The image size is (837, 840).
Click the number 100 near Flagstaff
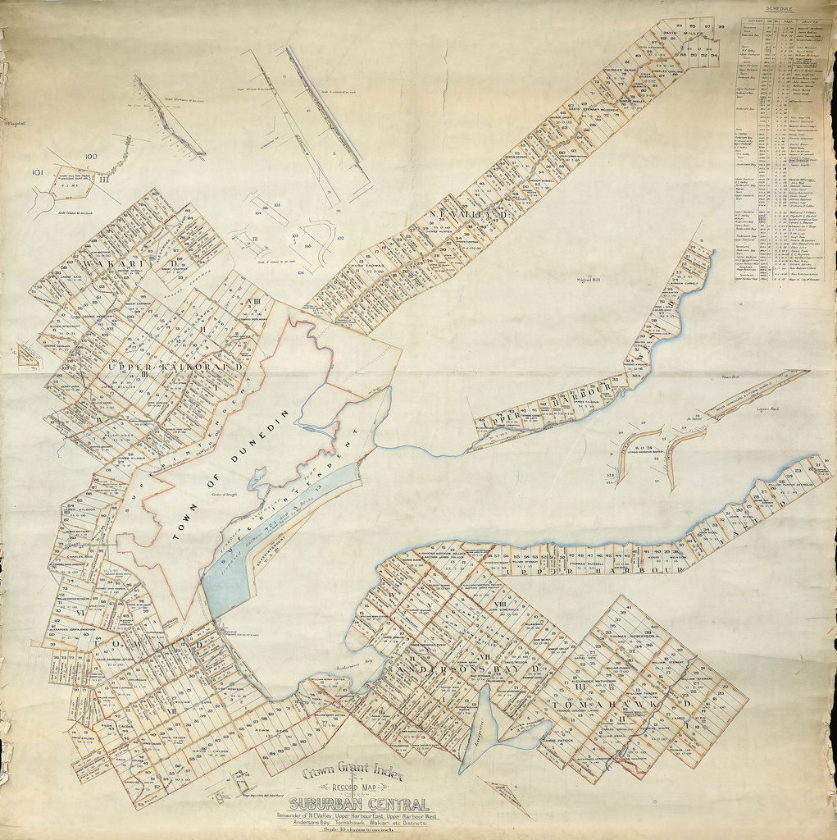90,156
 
